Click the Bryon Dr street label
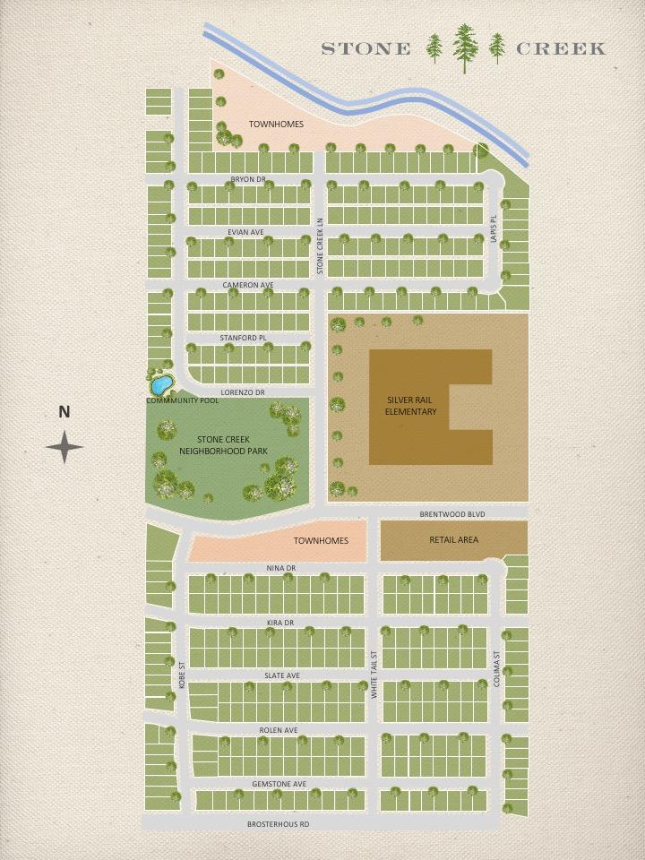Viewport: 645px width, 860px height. [248, 179]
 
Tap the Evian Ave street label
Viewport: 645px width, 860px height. [245, 232]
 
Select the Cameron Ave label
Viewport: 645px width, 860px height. [247, 285]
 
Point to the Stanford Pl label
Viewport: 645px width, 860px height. [243, 338]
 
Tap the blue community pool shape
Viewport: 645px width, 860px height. [161, 385]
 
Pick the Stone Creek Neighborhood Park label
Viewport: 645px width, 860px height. [227, 444]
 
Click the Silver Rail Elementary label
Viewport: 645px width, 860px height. [411, 406]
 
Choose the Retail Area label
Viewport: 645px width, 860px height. [453, 539]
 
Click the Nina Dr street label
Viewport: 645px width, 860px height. [280, 569]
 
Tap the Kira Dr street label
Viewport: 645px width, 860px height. [279, 622]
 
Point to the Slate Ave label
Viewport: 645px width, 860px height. [281, 675]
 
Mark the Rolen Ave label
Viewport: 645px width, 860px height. [278, 730]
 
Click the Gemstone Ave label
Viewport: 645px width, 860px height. [279, 784]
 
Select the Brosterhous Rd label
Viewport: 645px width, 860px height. [278, 823]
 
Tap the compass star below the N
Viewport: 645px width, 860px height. [64, 447]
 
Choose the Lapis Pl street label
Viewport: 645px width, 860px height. [493, 228]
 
